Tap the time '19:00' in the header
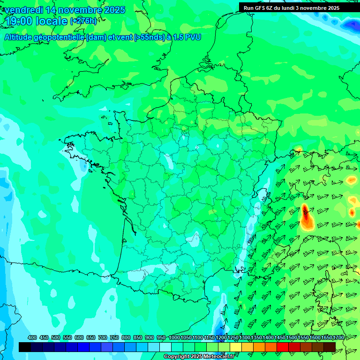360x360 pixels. (x=19, y=21)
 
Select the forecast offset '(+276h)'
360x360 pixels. (x=83, y=21)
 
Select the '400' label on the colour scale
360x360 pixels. (x=32, y=338)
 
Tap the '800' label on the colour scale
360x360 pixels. (x=126, y=338)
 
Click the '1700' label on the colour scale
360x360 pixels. (x=338, y=338)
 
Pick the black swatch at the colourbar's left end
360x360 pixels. (x=25, y=347)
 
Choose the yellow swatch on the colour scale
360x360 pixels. (x=236, y=347)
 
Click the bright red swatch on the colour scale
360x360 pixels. (x=283, y=347)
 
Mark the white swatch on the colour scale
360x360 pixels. (x=165, y=347)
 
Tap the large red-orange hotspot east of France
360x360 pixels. (x=306, y=217)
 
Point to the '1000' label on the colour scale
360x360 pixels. (x=174, y=338)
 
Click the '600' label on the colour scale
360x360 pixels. (x=79, y=338)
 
